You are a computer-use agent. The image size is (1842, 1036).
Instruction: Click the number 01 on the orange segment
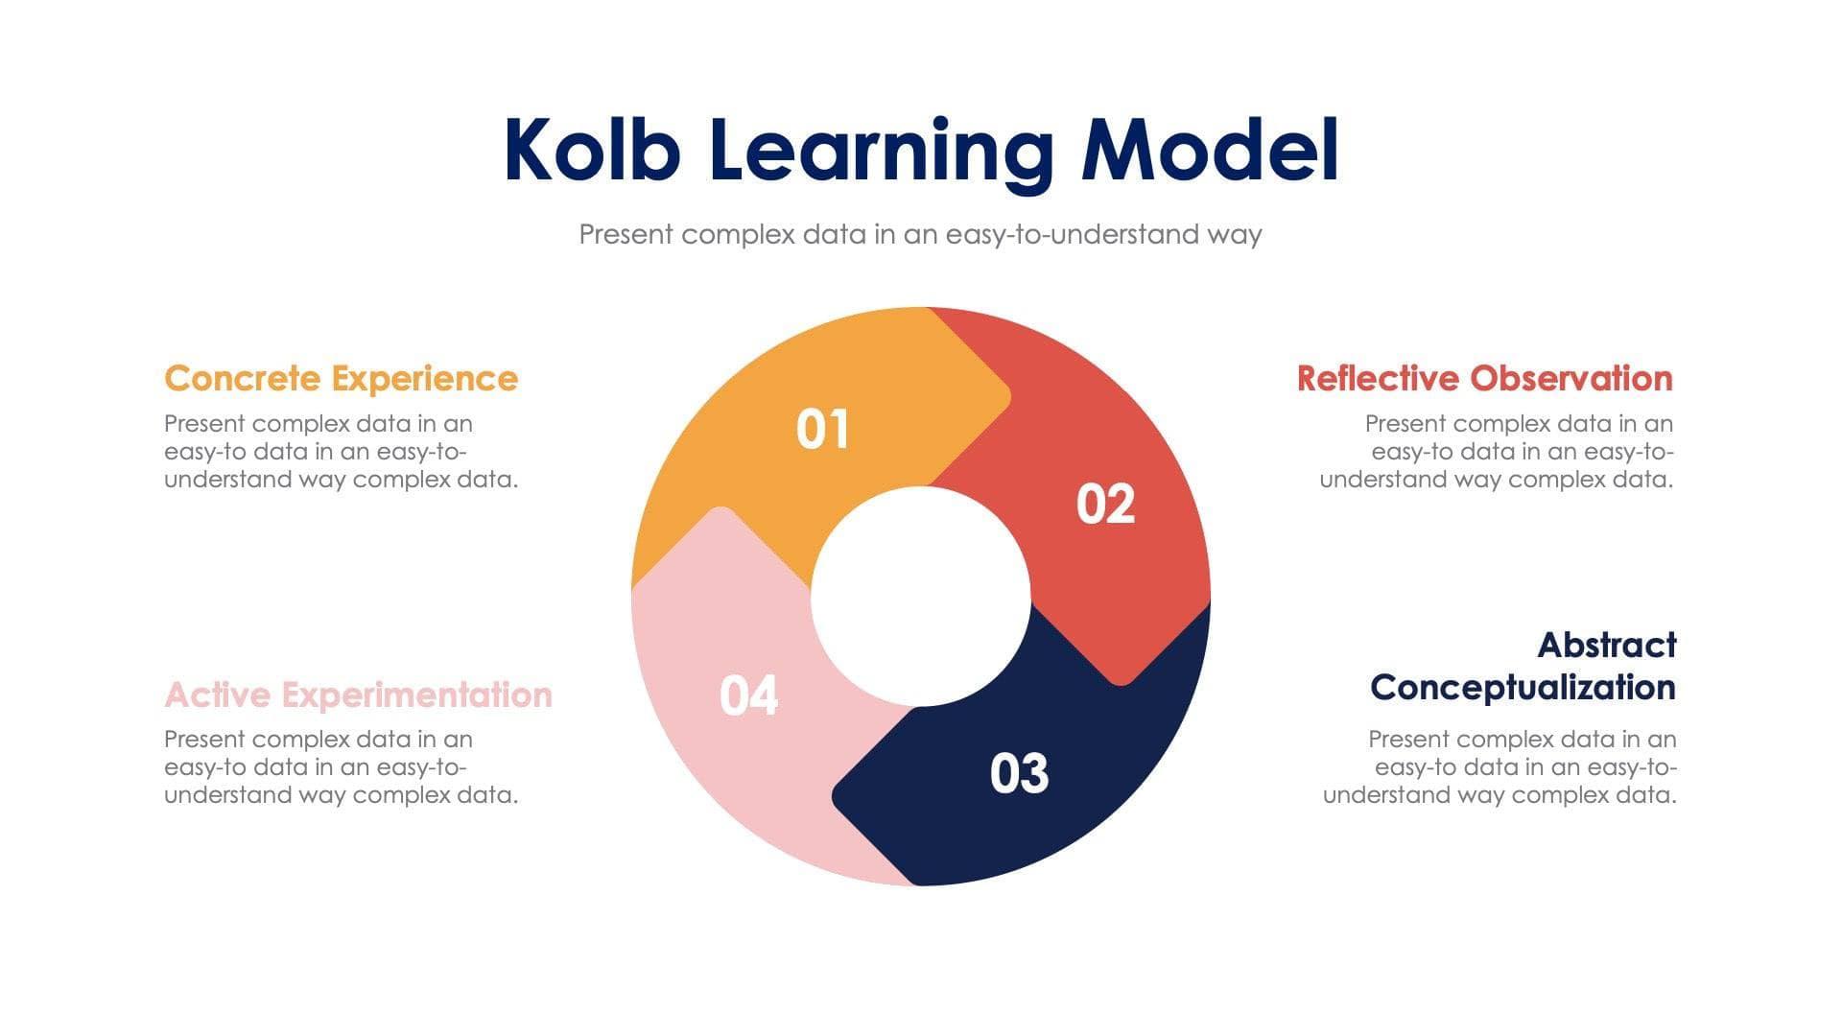click(822, 429)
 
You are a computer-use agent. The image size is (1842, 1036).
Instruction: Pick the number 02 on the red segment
click(1105, 504)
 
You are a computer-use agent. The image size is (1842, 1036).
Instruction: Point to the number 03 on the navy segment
click(1019, 773)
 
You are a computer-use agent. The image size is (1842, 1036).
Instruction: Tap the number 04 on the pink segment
click(748, 695)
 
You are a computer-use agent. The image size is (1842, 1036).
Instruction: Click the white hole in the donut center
click(921, 597)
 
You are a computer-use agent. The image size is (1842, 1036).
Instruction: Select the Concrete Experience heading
click(341, 378)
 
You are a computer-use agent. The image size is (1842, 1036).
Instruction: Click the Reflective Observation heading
click(1484, 378)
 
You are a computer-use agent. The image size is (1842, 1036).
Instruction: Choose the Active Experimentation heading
click(358, 695)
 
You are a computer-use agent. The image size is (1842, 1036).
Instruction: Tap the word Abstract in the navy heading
click(1606, 645)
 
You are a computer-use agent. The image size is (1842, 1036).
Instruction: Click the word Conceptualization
click(1523, 687)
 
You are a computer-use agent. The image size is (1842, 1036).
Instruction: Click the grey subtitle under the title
click(920, 234)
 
